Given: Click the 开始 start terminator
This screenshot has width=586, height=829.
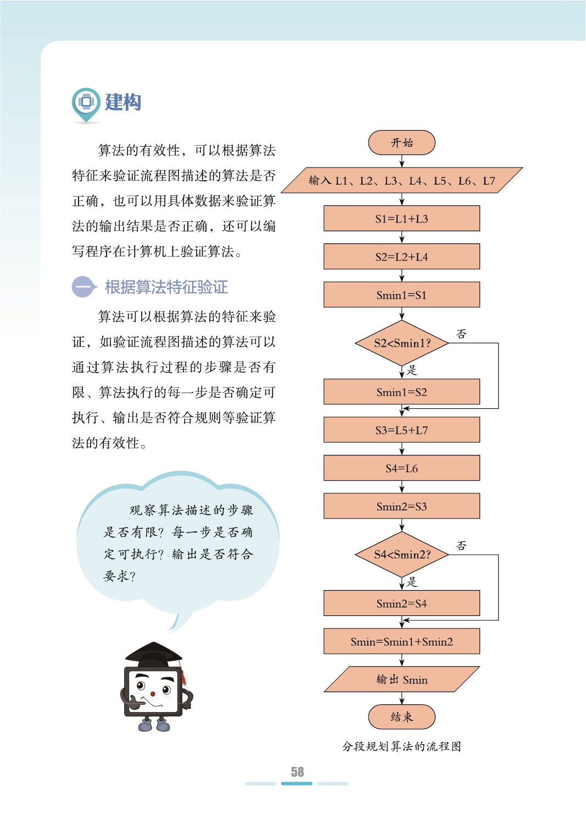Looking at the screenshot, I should click(401, 143).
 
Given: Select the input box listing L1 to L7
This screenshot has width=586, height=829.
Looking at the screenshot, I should click(401, 180).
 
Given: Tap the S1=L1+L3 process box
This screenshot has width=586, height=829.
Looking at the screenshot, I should click(401, 219).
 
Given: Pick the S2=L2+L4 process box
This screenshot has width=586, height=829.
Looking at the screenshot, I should click(401, 257).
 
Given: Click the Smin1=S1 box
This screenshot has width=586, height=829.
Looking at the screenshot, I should click(401, 295).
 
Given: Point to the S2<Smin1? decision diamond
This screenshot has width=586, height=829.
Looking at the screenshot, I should click(401, 343).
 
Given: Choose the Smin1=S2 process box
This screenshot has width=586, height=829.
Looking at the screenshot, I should click(401, 392).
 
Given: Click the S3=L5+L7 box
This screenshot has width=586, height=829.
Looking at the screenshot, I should click(401, 430).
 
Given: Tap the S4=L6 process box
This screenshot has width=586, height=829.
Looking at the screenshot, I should click(401, 469).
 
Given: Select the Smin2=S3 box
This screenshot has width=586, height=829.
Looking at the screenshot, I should click(401, 507).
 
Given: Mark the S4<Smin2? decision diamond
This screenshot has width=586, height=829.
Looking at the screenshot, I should click(401, 554).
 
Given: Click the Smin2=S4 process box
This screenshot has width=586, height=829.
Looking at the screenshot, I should click(401, 604).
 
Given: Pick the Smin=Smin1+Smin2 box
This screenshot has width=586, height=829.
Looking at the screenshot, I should click(401, 642).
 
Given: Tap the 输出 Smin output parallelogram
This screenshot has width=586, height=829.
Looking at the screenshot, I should click(401, 680).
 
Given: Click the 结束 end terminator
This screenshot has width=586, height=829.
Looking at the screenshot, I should click(401, 717).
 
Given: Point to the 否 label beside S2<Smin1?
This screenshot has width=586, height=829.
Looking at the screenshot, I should click(461, 333).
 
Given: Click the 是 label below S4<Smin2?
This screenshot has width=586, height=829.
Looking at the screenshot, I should click(412, 582).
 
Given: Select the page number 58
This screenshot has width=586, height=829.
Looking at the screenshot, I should click(297, 772).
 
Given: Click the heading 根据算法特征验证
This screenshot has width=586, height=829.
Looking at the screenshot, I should click(166, 287).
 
